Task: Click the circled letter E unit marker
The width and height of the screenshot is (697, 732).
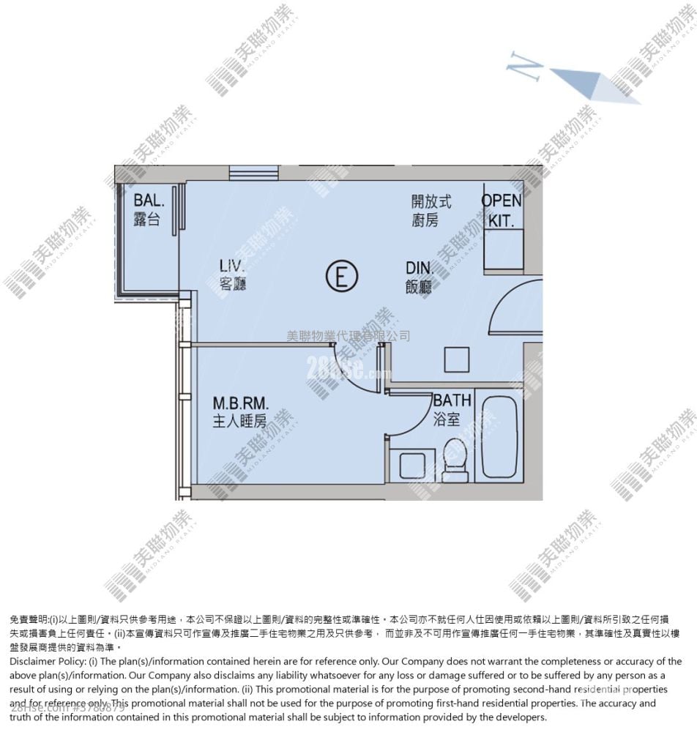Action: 341,277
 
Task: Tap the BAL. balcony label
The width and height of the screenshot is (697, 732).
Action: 149,200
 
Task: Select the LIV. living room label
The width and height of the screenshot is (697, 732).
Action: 231,265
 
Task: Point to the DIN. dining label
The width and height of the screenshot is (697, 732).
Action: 420,268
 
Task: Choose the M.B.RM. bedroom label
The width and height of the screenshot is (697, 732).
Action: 241,403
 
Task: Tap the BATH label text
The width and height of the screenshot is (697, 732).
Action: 452,400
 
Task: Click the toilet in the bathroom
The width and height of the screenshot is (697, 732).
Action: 455,460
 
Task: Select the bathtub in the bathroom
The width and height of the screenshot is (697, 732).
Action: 499,437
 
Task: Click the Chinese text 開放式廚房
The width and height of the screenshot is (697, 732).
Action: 430,210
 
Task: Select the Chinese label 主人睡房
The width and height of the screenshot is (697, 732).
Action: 239,421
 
